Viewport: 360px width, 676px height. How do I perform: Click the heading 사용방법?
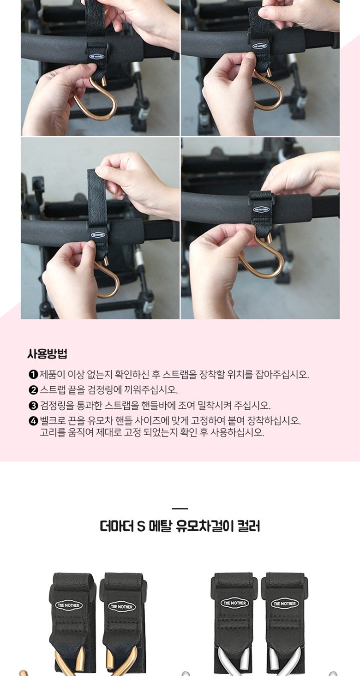[47, 354]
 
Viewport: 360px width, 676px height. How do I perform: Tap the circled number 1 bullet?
[33, 375]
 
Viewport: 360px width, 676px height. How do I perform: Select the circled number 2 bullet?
[33, 390]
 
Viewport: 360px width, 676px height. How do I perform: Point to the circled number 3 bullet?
[33, 405]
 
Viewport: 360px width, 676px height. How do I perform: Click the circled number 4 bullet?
[33, 420]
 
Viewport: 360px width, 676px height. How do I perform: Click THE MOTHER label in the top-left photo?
[96, 56]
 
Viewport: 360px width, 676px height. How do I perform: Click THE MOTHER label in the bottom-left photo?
[98, 234]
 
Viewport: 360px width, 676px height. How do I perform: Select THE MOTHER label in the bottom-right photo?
[261, 209]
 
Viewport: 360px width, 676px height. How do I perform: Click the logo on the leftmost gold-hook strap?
[69, 605]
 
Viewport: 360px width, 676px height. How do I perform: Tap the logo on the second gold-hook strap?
[121, 607]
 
